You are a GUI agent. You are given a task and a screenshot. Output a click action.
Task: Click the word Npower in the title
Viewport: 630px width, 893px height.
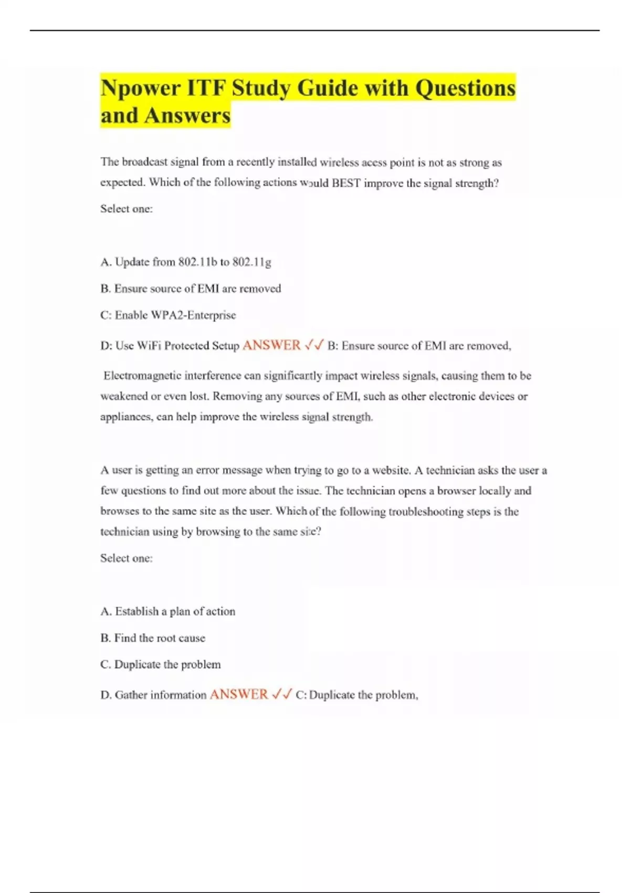pyautogui.click(x=138, y=88)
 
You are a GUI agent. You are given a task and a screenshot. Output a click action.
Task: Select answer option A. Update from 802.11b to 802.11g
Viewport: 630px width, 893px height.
pyautogui.click(x=186, y=262)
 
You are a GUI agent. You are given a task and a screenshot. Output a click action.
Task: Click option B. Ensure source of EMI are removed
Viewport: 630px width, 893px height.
pyautogui.click(x=191, y=288)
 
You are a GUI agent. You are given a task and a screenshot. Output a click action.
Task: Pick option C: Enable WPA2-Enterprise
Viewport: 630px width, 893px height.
pyautogui.click(x=168, y=315)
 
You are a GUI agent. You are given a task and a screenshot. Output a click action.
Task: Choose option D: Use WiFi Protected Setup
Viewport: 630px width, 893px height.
pyautogui.click(x=170, y=346)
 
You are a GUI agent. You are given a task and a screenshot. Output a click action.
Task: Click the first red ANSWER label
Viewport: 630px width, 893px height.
pyautogui.click(x=271, y=345)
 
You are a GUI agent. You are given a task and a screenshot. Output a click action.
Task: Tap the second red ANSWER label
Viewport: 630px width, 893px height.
pyautogui.click(x=239, y=694)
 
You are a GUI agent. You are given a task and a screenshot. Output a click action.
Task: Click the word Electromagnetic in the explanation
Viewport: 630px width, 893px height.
pyautogui.click(x=142, y=376)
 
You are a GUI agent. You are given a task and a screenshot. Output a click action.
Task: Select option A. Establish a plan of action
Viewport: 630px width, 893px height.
pyautogui.click(x=168, y=611)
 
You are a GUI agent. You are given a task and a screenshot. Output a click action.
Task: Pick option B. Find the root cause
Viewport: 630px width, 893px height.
pyautogui.click(x=153, y=638)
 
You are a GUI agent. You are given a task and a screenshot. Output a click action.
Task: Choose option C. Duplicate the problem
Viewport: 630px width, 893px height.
pyautogui.click(x=161, y=664)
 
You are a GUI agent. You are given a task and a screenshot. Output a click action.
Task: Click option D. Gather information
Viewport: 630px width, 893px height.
pyautogui.click(x=153, y=695)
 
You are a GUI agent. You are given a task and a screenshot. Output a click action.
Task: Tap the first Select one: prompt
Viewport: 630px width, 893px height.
pyautogui.click(x=127, y=209)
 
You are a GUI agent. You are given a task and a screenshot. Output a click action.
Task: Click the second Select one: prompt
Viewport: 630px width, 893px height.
pyautogui.click(x=127, y=558)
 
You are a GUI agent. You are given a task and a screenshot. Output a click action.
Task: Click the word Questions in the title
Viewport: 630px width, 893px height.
pyautogui.click(x=465, y=88)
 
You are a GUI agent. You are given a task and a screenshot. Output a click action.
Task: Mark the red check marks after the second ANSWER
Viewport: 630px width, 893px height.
pyautogui.click(x=282, y=694)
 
